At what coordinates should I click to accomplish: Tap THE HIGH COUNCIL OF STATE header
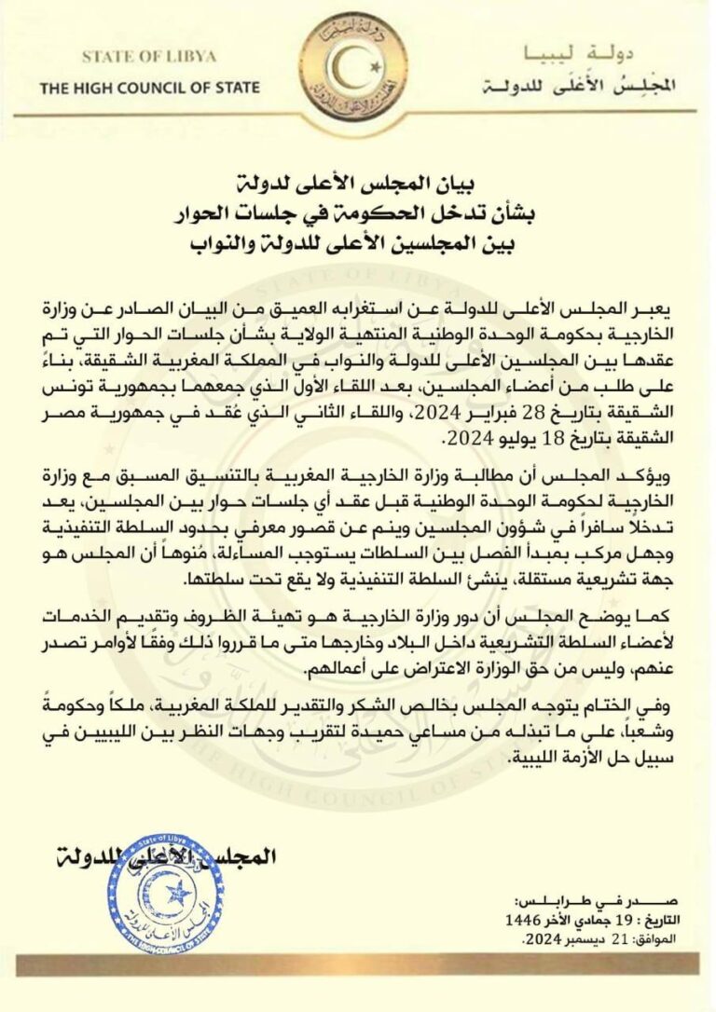tap(149, 89)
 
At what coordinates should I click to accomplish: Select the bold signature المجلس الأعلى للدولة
tap(158, 853)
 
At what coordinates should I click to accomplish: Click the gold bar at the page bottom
tap(358, 965)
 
